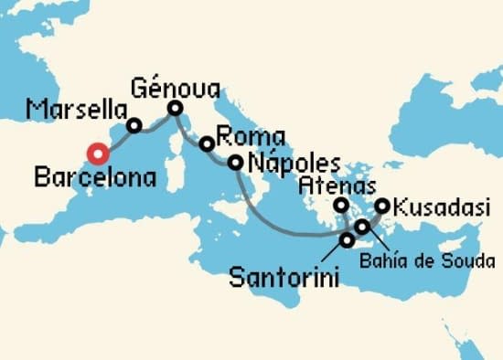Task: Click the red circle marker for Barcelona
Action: pos(96,154)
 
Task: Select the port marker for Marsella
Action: pos(134,126)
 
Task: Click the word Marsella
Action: pos(76,111)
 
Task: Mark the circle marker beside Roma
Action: pos(208,143)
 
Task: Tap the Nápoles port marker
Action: pos(235,164)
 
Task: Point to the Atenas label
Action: pos(332,185)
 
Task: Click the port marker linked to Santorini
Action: pos(348,240)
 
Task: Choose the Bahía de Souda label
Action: pos(439,262)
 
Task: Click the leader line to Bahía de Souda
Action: pos(377,241)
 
